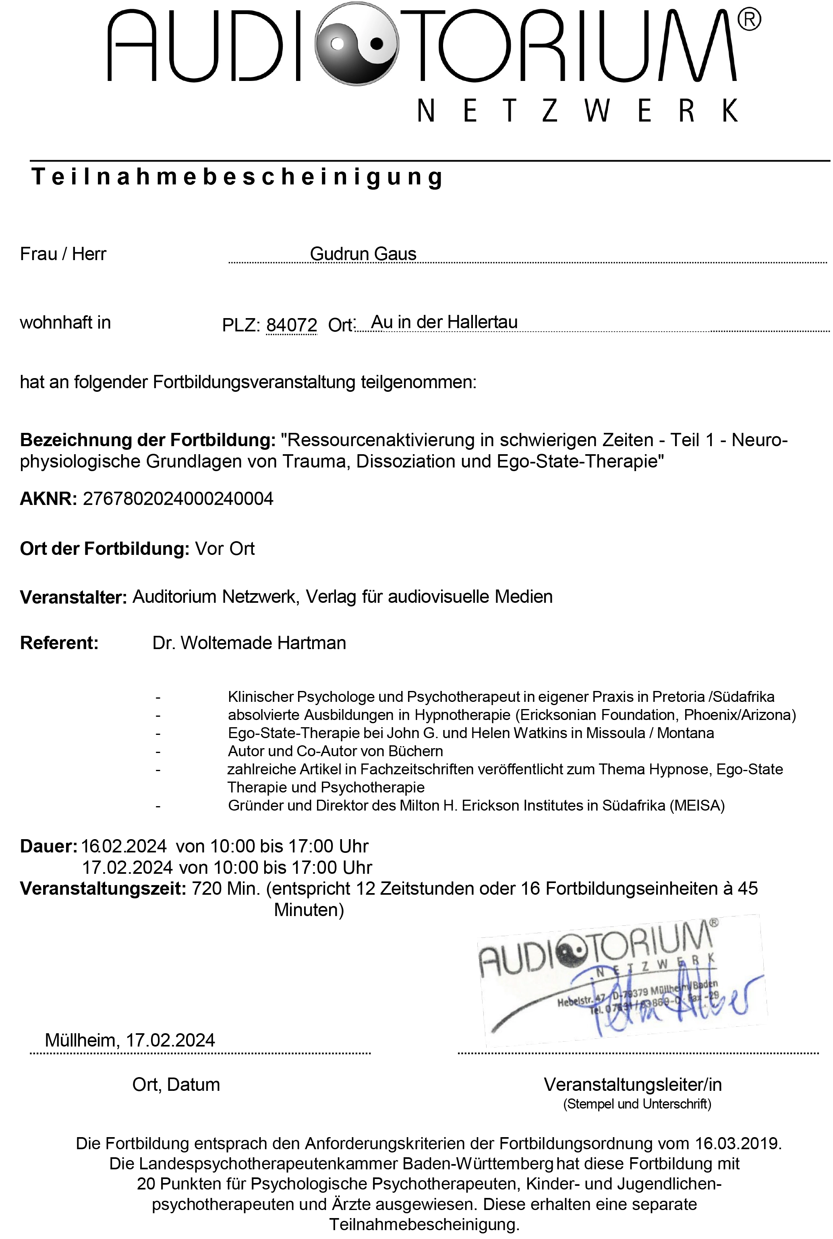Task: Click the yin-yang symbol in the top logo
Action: [356, 43]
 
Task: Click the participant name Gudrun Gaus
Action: [363, 254]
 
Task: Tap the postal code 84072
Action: [291, 325]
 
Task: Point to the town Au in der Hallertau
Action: [444, 322]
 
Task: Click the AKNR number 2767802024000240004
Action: [178, 498]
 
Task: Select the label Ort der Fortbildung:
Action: [105, 548]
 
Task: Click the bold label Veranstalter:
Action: [73, 597]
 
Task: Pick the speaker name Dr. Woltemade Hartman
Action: [249, 643]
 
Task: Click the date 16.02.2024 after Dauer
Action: [124, 846]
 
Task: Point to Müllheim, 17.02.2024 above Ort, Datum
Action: [130, 1040]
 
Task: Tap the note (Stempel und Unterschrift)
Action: [637, 1104]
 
